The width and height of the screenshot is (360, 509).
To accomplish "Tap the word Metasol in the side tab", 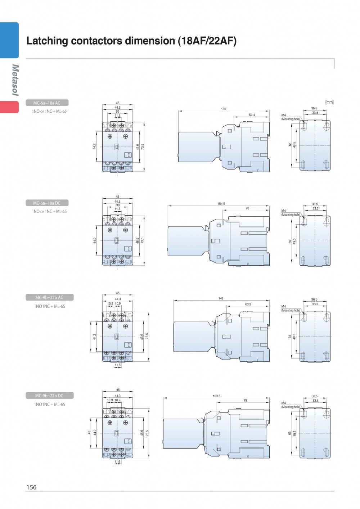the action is pyautogui.click(x=15, y=80).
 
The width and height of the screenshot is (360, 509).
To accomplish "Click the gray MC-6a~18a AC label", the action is pyautogui.click(x=47, y=103).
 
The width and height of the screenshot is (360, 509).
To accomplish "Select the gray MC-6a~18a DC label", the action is pyautogui.click(x=47, y=203).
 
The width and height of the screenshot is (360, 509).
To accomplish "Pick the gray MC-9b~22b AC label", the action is pyautogui.click(x=49, y=297).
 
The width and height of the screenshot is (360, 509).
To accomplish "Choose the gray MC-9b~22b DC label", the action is pyautogui.click(x=49, y=396).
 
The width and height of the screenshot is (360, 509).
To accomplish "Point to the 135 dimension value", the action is pyautogui.click(x=224, y=109).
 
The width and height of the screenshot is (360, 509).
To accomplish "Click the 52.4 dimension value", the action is pyautogui.click(x=252, y=115).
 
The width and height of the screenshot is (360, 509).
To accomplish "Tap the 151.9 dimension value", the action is pyautogui.click(x=221, y=204).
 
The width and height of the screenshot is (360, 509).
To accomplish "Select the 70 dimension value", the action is pyautogui.click(x=247, y=208).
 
